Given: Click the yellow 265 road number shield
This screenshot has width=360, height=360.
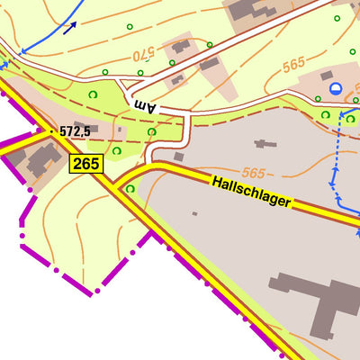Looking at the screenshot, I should tap(86, 164).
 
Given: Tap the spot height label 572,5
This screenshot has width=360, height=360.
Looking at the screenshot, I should tap(76, 131).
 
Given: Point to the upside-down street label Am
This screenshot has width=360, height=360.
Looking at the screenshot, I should tap(145, 105).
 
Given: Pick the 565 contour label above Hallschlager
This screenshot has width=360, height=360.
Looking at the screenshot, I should tap(254, 172).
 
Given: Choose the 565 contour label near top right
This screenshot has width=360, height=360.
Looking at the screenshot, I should tap(294, 65).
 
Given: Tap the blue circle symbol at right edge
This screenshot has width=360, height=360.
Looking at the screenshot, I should tap(336, 88).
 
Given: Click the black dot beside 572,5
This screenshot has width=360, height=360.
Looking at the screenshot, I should tap(52, 131).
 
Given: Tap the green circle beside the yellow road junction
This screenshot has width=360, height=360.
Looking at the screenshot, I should tap(130, 189).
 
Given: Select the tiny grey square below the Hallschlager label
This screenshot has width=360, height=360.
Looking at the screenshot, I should tap(194, 214).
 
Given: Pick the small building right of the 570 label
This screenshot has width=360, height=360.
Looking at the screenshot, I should tap(181, 46).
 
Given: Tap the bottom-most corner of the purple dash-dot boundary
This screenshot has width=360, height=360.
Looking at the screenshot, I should tap(90, 292).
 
